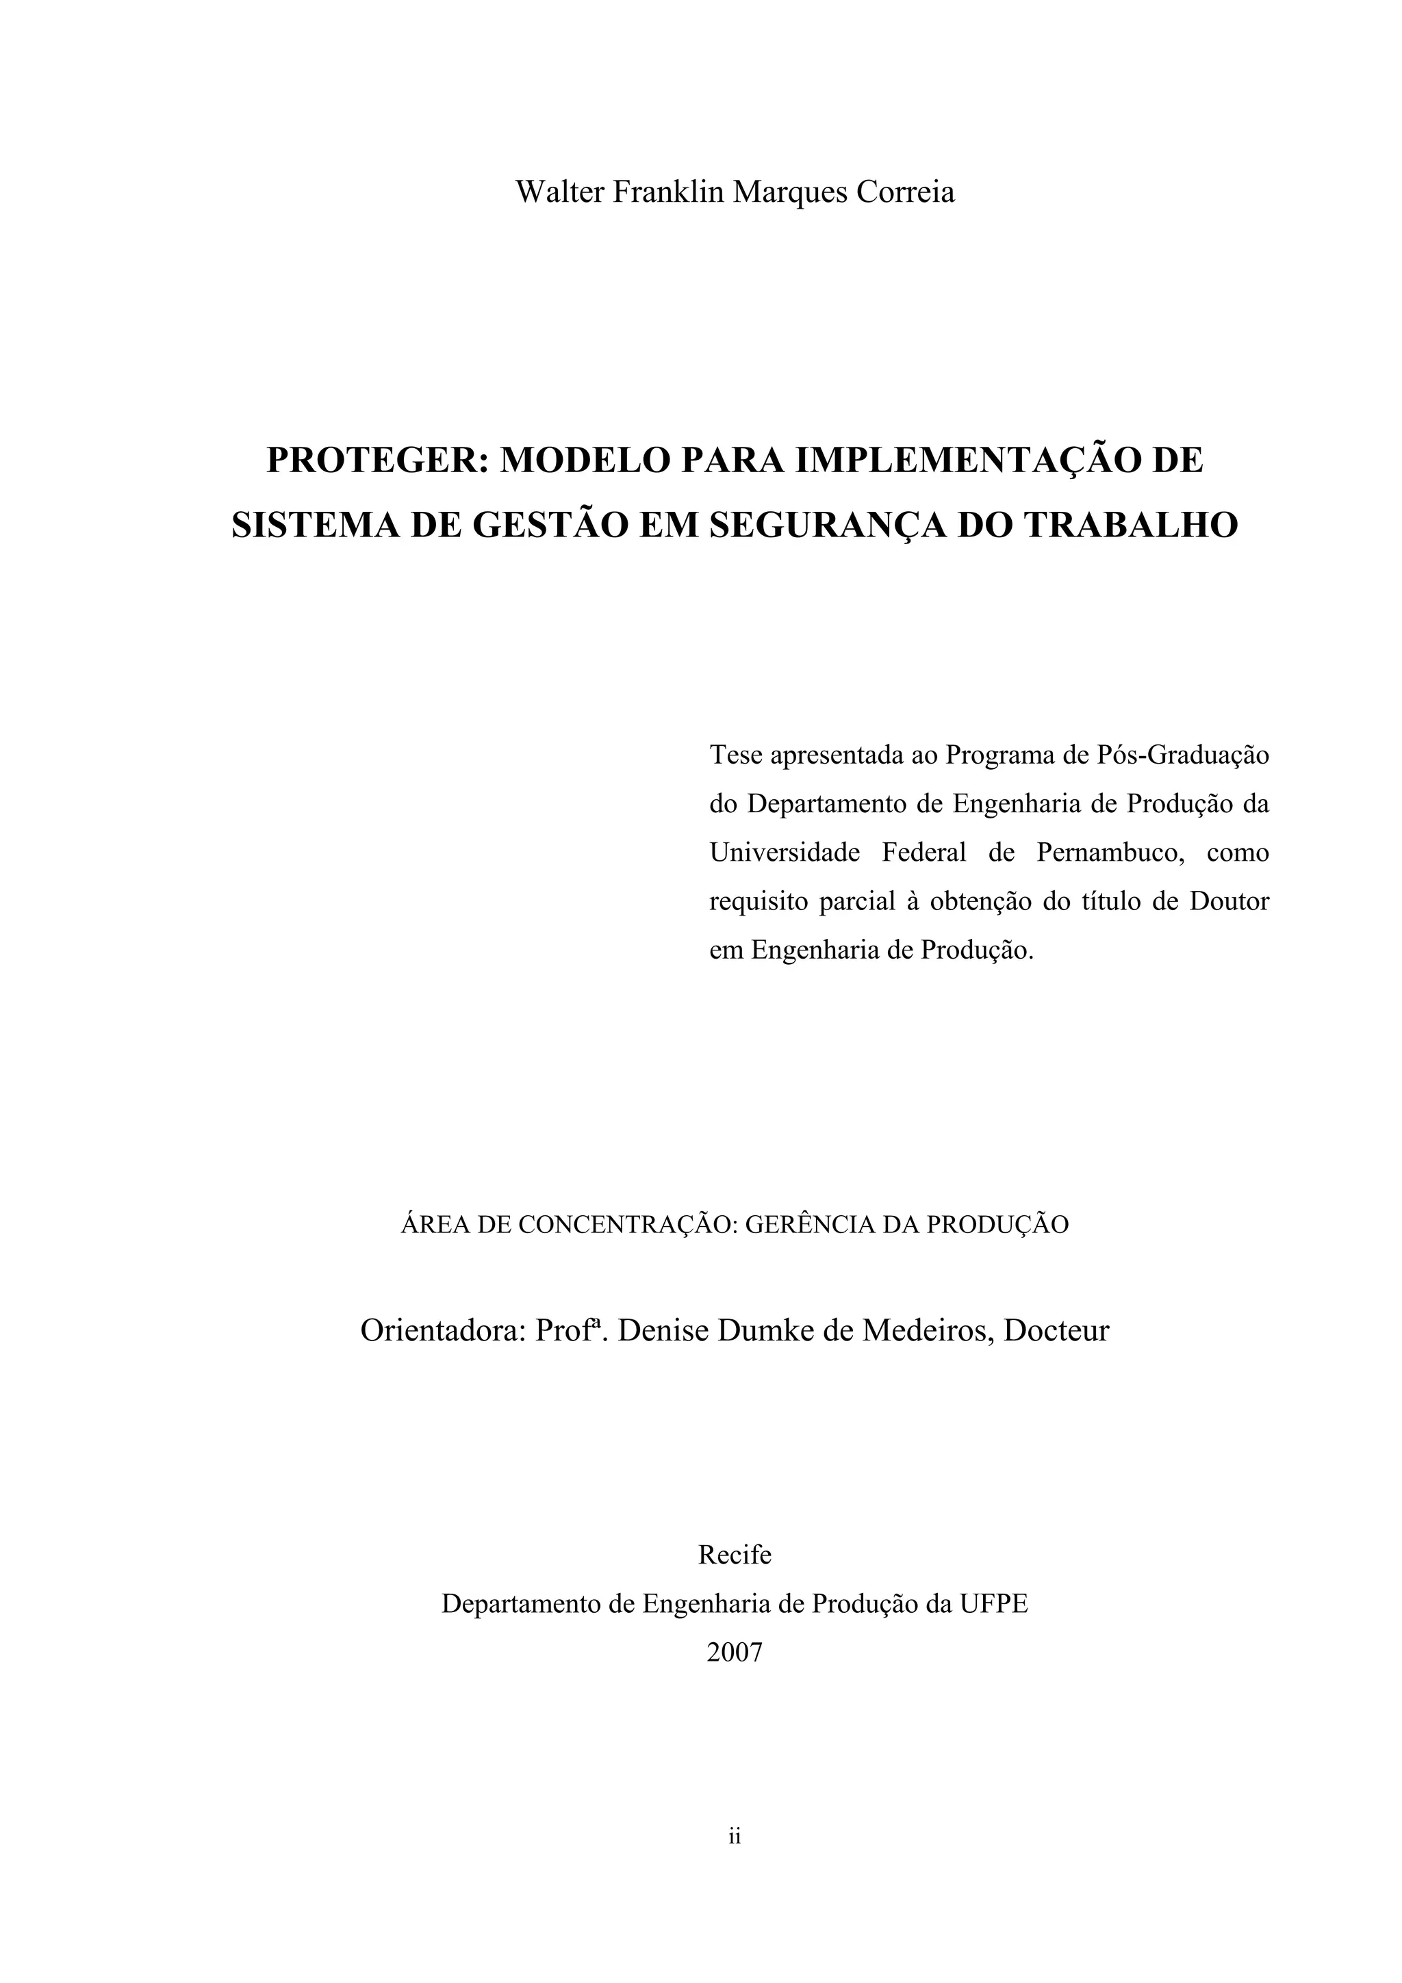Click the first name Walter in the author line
pos(560,192)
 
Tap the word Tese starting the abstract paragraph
pos(735,755)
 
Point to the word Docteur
pos(1056,1330)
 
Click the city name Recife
pos(735,1555)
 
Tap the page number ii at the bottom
pos(735,1860)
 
